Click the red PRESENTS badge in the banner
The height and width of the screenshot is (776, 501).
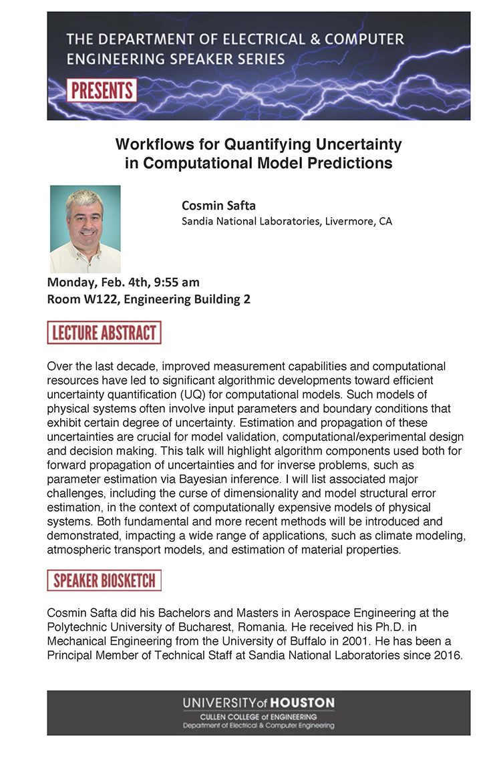click(x=102, y=90)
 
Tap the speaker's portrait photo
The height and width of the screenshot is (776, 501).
click(x=86, y=228)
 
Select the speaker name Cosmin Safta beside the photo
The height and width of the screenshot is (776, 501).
click(x=218, y=205)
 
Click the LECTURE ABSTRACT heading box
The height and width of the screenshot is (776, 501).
click(x=104, y=333)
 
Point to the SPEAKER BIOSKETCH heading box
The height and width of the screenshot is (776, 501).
click(x=104, y=580)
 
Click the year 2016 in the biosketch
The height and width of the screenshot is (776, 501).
click(x=447, y=655)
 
